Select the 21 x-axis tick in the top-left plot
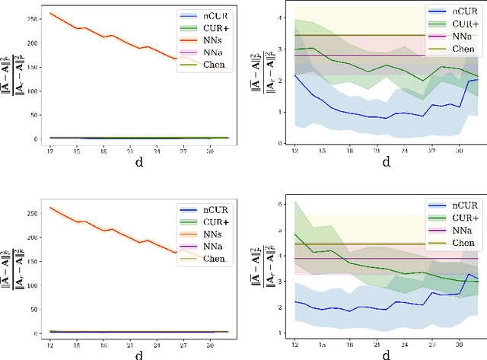[131, 150]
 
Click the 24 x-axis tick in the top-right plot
[403, 150]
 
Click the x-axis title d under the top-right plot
[386, 162]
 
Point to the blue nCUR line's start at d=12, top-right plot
[295, 75]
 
